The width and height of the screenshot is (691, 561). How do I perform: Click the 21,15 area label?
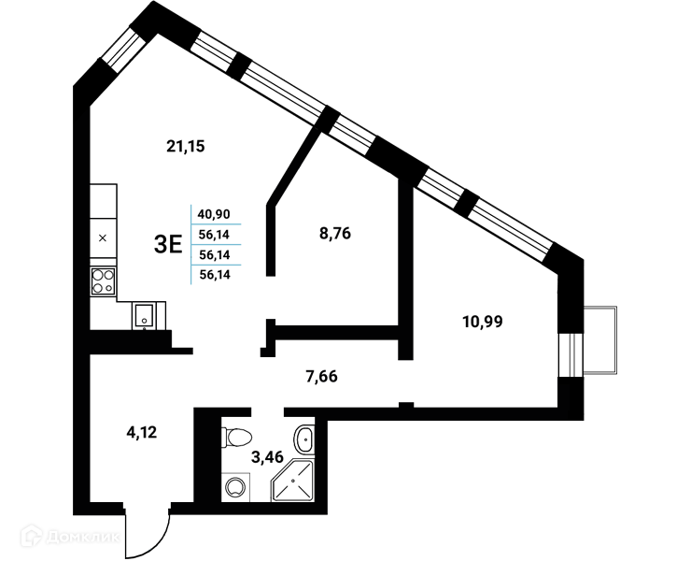click(x=186, y=146)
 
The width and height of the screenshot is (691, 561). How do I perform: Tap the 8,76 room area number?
click(x=335, y=233)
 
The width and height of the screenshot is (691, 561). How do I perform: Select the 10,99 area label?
click(x=483, y=322)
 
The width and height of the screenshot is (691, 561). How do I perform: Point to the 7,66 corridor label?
click(x=322, y=377)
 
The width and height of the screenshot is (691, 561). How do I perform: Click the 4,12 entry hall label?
click(x=141, y=432)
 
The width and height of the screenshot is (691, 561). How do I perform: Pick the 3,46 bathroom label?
click(x=267, y=457)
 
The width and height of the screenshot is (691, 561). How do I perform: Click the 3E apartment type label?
click(x=168, y=245)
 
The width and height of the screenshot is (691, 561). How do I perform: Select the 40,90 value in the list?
click(x=214, y=214)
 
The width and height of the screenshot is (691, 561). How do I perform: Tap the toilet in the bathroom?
click(x=236, y=438)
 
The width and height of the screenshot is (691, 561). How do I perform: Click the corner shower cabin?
click(x=293, y=481)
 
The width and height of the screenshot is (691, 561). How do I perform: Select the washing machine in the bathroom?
click(x=235, y=487)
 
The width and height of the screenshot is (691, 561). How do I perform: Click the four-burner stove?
click(x=103, y=281)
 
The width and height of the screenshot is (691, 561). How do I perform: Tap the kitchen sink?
click(x=144, y=315)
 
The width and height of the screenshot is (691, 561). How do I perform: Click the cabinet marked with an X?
click(x=103, y=238)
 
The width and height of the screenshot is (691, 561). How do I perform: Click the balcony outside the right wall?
click(x=600, y=339)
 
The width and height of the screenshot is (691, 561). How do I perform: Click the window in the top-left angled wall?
click(x=121, y=50)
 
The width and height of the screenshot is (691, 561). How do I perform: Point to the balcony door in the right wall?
click(x=571, y=355)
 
